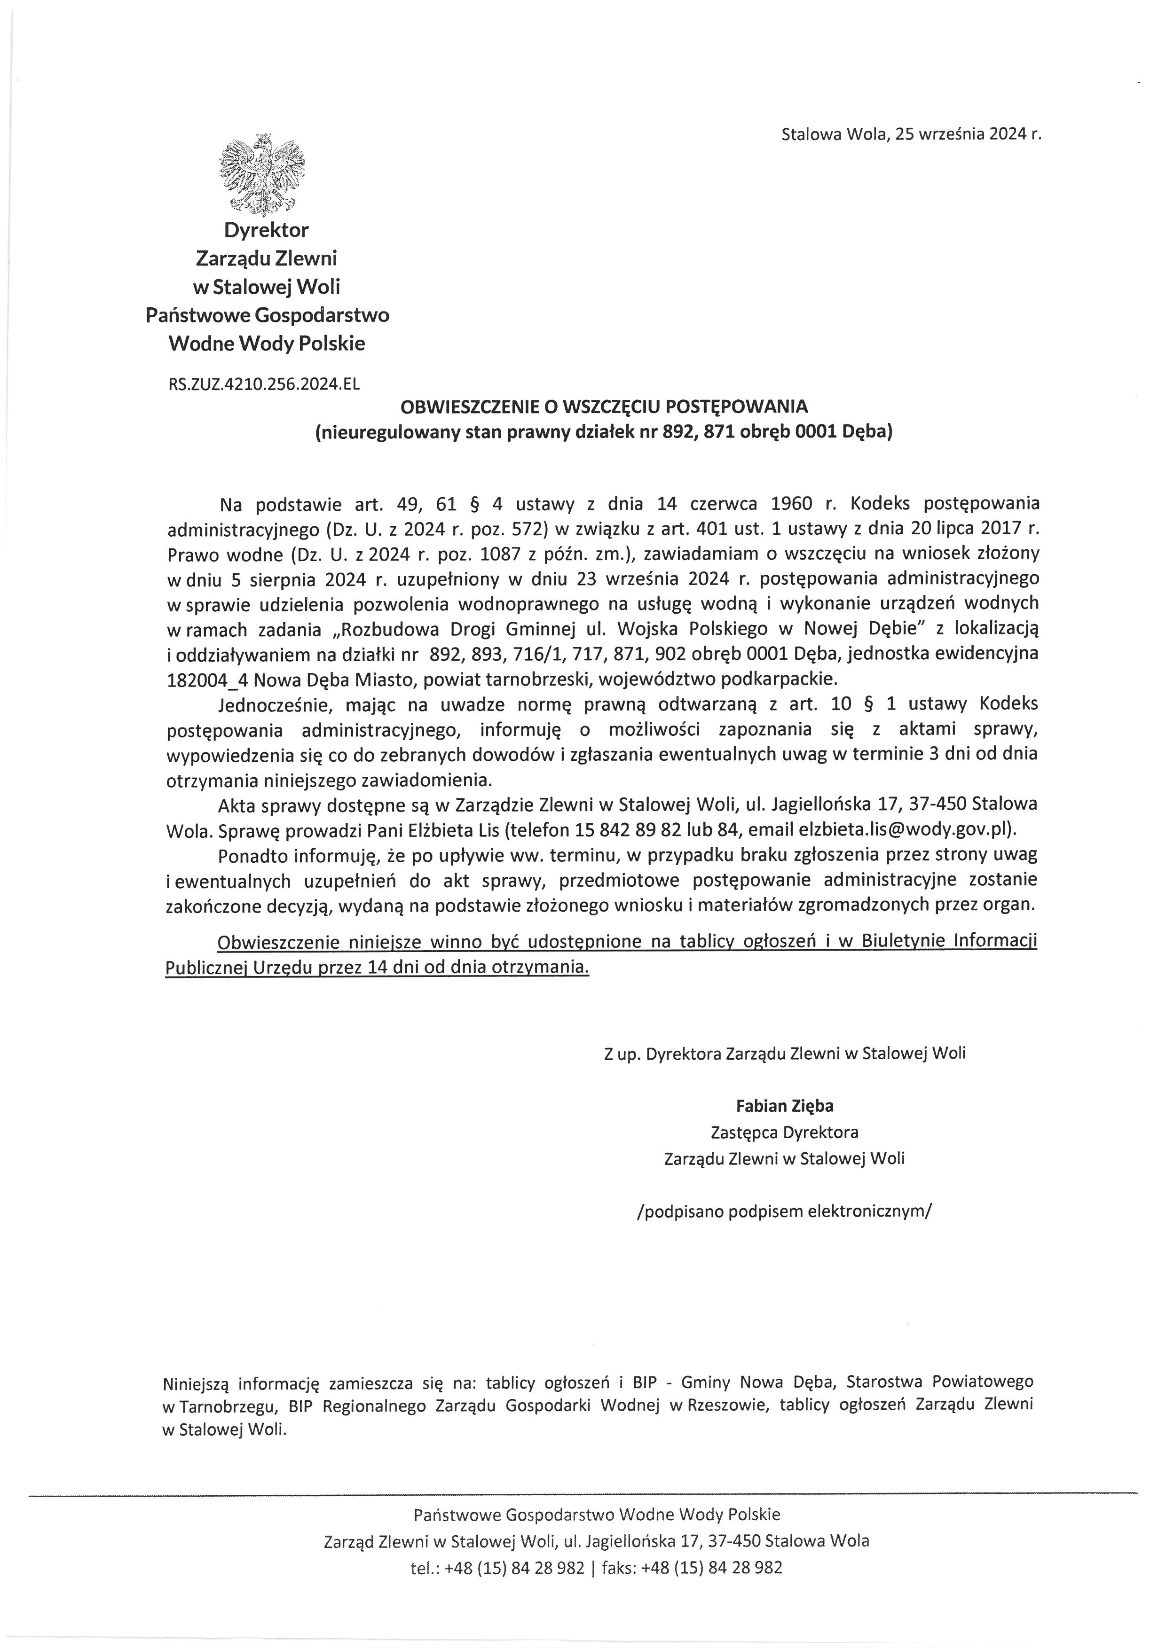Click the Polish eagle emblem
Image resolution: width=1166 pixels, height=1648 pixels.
(x=263, y=174)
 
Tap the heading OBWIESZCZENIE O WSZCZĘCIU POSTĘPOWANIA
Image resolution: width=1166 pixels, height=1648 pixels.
(x=603, y=407)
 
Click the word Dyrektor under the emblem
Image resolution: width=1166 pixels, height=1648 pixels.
(x=267, y=230)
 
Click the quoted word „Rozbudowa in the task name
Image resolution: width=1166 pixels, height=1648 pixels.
(x=384, y=630)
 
